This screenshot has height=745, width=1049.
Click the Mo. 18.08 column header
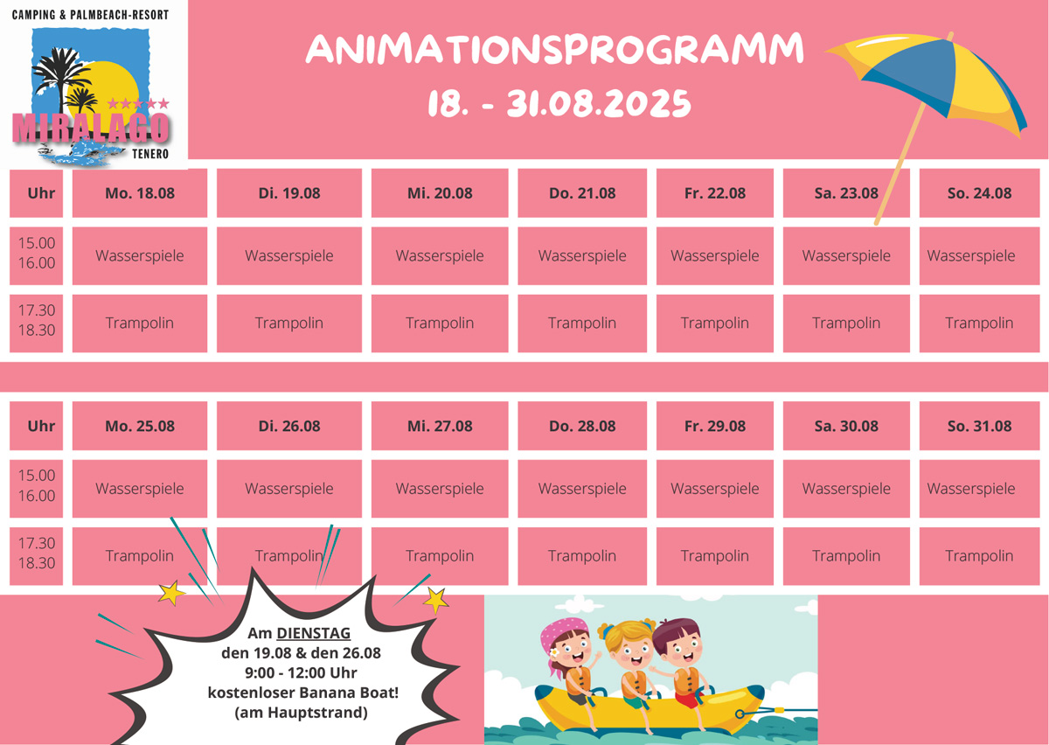pyautogui.click(x=140, y=193)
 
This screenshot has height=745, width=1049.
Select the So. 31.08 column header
pyautogui.click(x=979, y=426)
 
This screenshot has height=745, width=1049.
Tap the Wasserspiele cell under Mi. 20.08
pyautogui.click(x=440, y=256)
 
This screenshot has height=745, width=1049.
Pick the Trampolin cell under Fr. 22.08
pyautogui.click(x=715, y=323)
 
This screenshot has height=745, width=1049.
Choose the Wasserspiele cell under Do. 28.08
pyautogui.click(x=582, y=489)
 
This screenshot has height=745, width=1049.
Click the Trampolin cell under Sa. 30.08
pyautogui.click(x=846, y=556)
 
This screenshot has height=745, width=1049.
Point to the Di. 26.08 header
pyautogui.click(x=289, y=426)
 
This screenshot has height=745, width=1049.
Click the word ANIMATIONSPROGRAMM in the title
pyautogui.click(x=555, y=49)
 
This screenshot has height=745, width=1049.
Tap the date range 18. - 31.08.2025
pyautogui.click(x=559, y=103)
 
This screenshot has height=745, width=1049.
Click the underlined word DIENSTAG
pyautogui.click(x=313, y=633)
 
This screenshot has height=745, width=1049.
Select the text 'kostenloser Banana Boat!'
pyautogui.click(x=303, y=693)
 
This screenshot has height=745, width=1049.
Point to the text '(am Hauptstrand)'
pyautogui.click(x=301, y=713)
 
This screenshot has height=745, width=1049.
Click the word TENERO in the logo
pyautogui.click(x=149, y=154)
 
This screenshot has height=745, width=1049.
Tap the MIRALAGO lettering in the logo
pyautogui.click(x=90, y=128)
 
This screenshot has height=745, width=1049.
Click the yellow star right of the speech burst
pyautogui.click(x=436, y=600)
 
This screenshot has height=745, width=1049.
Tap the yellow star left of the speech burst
pyautogui.click(x=171, y=593)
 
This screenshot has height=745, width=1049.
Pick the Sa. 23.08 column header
pyautogui.click(x=846, y=193)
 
